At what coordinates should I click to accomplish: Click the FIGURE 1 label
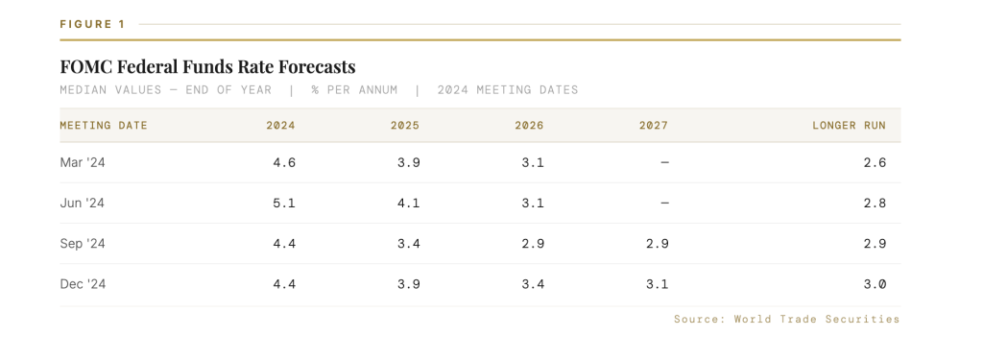(93, 24)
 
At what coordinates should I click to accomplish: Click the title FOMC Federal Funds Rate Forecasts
(207, 66)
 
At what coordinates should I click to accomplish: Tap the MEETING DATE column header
(104, 126)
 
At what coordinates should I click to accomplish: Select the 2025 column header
(405, 126)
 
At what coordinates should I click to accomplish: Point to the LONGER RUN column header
(850, 126)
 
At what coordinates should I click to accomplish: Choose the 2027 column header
(654, 126)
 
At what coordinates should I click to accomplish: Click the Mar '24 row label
(83, 162)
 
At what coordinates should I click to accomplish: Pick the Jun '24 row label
(83, 204)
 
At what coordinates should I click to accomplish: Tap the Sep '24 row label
(83, 243)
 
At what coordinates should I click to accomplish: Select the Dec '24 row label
(83, 284)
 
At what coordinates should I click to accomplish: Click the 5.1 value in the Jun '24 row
(284, 204)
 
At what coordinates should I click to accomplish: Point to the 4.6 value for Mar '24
(284, 162)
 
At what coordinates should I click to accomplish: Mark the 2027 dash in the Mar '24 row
(664, 162)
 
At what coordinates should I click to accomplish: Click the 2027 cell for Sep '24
(657, 243)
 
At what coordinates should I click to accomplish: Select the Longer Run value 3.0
(875, 284)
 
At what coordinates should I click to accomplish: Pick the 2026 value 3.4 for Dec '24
(533, 284)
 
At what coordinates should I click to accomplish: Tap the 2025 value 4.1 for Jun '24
(409, 204)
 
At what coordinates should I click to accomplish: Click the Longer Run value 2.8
(875, 204)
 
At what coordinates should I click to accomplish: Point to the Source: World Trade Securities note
(787, 320)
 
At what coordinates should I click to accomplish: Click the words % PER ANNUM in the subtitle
(354, 89)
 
